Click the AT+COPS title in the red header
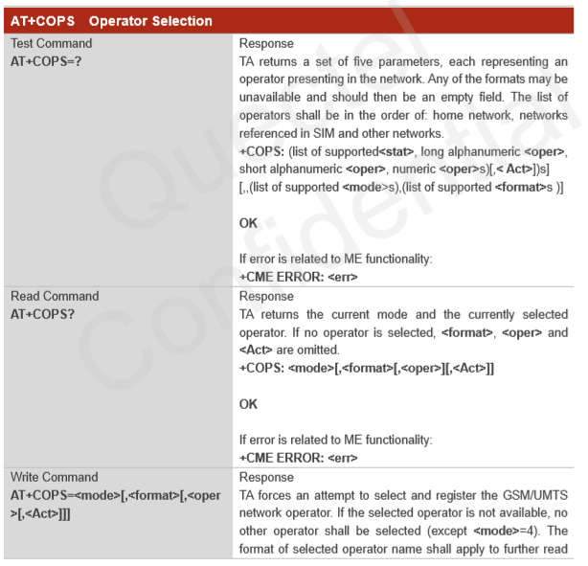tap(42, 20)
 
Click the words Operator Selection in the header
tap(150, 20)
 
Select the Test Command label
tap(51, 43)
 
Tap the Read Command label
tap(54, 296)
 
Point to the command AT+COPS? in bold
tap(42, 314)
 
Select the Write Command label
tap(54, 477)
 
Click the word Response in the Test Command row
tap(266, 43)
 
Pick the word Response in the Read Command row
tap(266, 296)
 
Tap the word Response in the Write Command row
tap(266, 477)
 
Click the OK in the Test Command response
tap(248, 223)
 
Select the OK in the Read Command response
tap(248, 404)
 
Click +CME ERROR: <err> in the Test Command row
tap(298, 278)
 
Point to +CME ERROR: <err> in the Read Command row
tap(298, 459)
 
